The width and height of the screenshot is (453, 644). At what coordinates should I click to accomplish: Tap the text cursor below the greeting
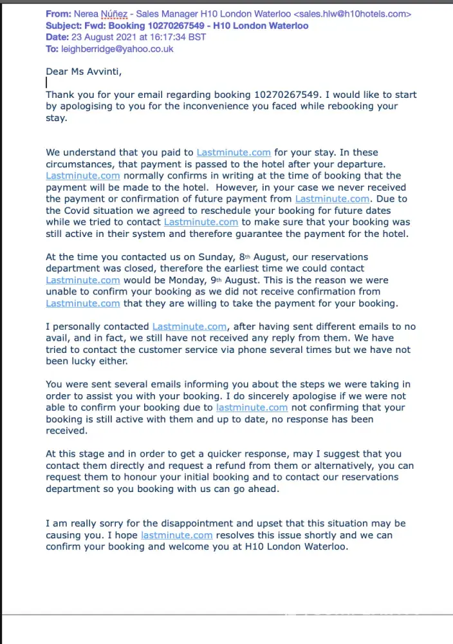coord(46,82)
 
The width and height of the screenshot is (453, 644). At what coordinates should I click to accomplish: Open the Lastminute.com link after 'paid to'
coord(234,153)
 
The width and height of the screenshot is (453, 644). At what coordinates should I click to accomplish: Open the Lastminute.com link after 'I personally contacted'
coord(189,327)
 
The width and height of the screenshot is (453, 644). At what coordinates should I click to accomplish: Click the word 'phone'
coord(269,350)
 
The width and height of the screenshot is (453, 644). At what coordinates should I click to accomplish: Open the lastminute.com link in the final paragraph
coord(177,535)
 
